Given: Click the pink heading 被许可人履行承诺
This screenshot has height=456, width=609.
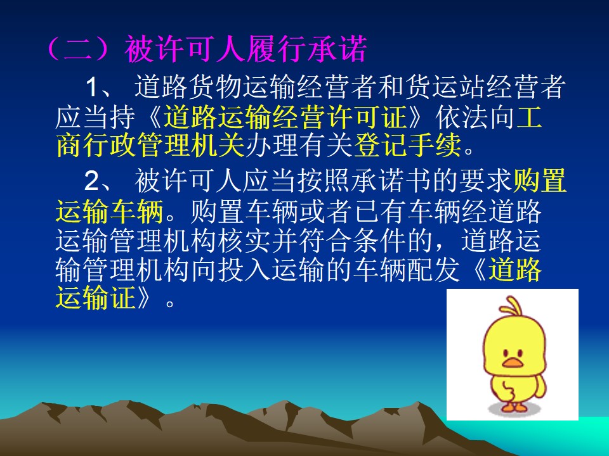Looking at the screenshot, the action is tap(246, 49).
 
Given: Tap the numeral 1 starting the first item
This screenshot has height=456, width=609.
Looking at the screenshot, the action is tap(92, 87).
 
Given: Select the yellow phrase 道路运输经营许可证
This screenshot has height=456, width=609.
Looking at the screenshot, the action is tap(285, 117).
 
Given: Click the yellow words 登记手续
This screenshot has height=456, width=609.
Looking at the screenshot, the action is tap(408, 144).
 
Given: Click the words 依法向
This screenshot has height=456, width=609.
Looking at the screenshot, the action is tap(475, 117).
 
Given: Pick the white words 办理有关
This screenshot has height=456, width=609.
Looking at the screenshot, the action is tap(299, 144).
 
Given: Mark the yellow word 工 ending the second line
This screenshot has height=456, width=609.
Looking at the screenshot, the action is tap(528, 117).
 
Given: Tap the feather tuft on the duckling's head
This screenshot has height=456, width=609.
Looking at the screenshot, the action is tap(512, 307).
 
